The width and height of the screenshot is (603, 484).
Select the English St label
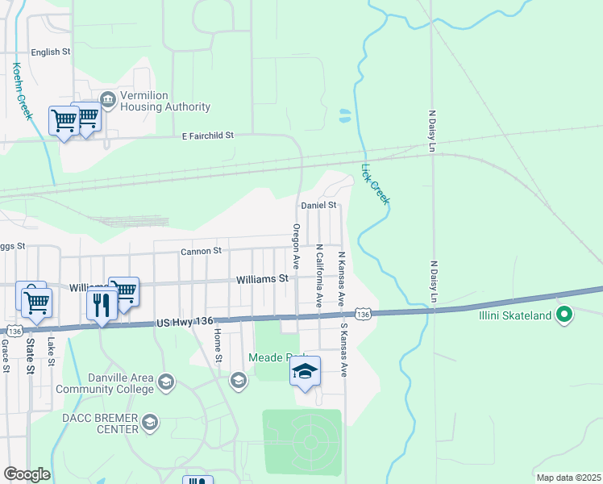pos(51,52)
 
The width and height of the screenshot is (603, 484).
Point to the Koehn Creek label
pos(23,91)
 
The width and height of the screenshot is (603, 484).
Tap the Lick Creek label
pos(375,185)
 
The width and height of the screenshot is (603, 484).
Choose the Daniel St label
pos(318,206)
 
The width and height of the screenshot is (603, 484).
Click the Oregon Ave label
pos(296,246)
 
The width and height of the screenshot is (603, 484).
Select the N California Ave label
pos(319,276)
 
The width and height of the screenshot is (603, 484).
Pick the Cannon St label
pos(201,251)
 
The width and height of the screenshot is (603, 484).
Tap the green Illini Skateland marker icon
pos(564,315)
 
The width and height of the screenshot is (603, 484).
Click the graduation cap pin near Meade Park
pos(305,372)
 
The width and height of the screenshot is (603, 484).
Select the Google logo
pos(27,474)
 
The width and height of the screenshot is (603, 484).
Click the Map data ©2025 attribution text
pos(568,478)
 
